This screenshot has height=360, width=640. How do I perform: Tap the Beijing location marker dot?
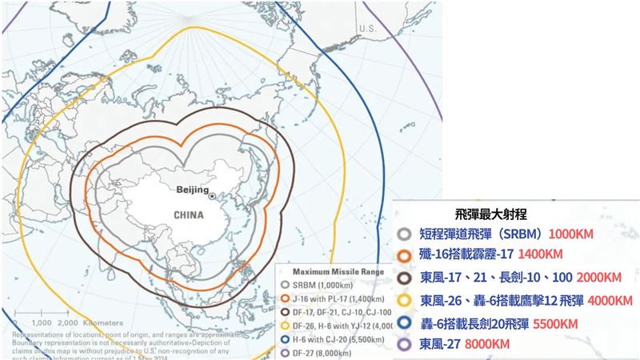tap(212, 196)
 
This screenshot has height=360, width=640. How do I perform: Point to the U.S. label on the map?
tap(367, 28)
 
